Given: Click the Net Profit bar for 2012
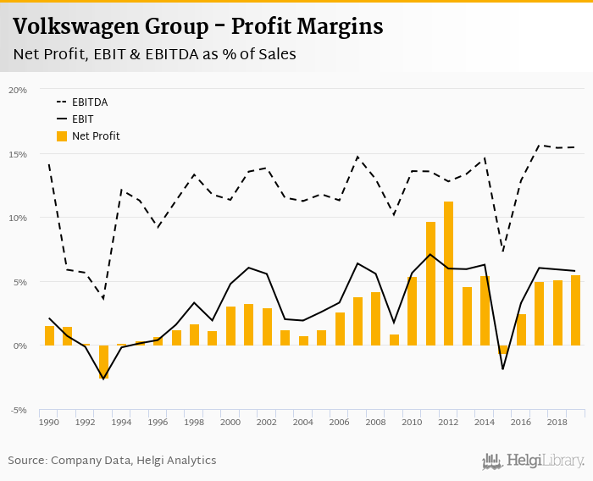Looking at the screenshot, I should click(449, 274).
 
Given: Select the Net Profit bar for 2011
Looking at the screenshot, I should click(430, 284).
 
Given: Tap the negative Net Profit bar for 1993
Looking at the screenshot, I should click(104, 362).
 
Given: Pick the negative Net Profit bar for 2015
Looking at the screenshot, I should click(503, 349).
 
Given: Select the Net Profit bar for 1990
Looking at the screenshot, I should click(49, 335).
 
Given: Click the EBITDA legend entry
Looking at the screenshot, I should click(89, 102).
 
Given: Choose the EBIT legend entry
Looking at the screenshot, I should click(82, 119).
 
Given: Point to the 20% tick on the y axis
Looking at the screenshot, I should click(18, 90).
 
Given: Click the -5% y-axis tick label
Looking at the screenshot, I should click(18, 410).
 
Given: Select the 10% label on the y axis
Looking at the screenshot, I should click(18, 218).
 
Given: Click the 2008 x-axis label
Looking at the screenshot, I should click(376, 422).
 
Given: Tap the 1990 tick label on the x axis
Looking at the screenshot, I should click(49, 422).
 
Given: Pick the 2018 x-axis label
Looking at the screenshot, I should click(557, 422).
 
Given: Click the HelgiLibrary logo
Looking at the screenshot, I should click(534, 461).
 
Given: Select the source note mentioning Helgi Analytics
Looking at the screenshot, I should click(112, 461).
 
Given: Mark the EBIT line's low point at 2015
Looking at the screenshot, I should click(503, 369).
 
